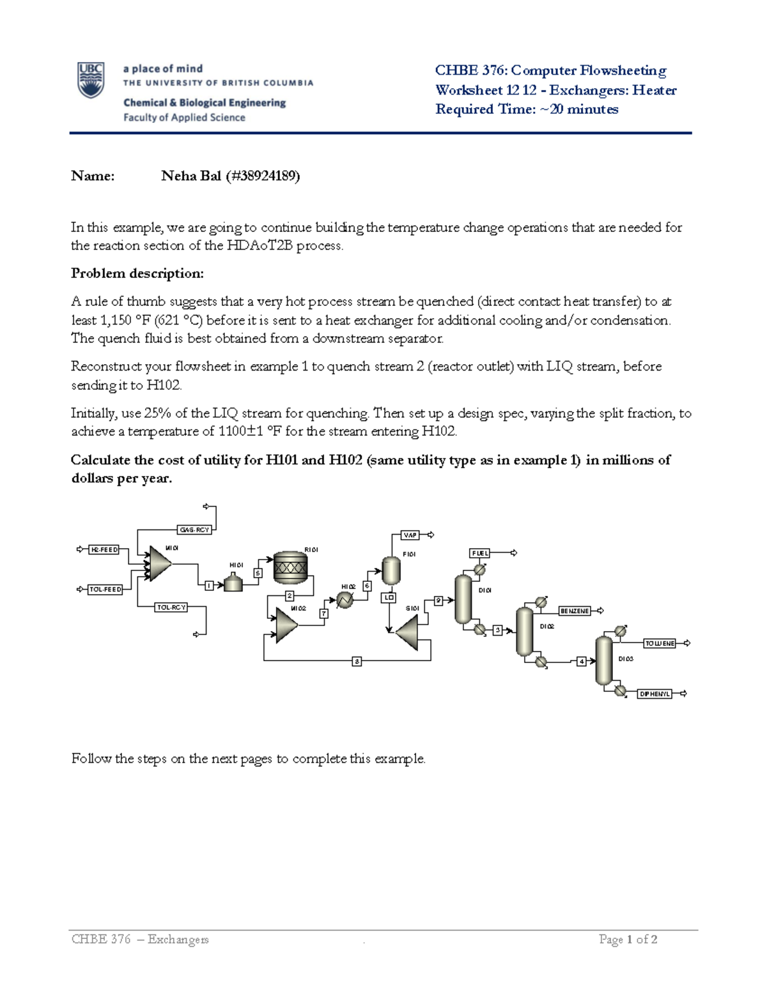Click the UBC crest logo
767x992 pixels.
click(91, 80)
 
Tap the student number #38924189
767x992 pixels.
click(263, 176)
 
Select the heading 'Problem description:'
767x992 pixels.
click(137, 273)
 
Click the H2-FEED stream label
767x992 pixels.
click(104, 549)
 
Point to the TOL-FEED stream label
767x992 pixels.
click(105, 590)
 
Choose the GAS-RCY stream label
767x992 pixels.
click(194, 530)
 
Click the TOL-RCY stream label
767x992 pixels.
click(171, 607)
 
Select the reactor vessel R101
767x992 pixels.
click(290, 567)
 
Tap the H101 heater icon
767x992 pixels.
click(233, 583)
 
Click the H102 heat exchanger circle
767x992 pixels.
click(345, 600)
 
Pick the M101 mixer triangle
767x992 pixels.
click(159, 563)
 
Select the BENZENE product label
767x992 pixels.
click(574, 611)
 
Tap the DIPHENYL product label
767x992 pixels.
click(655, 694)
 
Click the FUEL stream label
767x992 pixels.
click(480, 553)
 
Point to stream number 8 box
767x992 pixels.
click(357, 661)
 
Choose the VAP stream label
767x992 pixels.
click(410, 535)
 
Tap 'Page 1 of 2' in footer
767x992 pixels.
click(628, 939)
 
